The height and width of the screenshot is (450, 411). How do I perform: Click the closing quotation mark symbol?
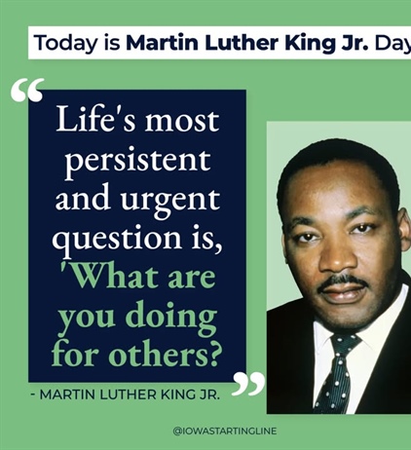(247, 383)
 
